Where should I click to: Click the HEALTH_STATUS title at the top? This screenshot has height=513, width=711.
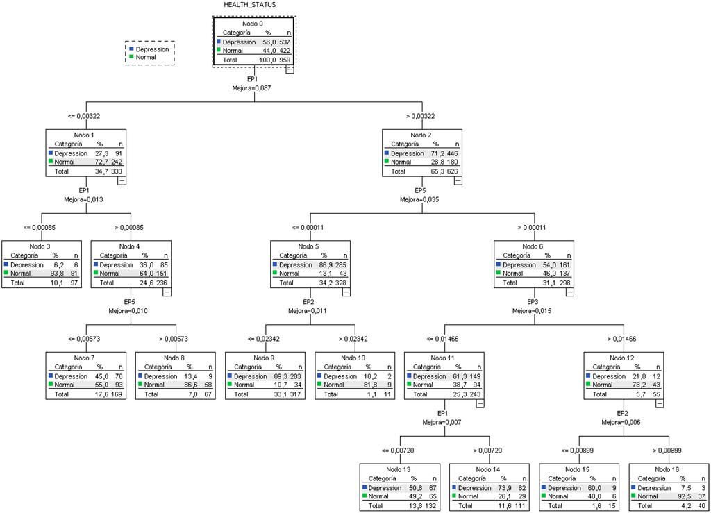click(x=249, y=5)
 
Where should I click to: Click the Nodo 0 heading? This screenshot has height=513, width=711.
click(x=253, y=24)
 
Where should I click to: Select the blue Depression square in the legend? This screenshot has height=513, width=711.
click(x=132, y=49)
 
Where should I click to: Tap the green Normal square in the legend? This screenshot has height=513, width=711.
click(x=132, y=57)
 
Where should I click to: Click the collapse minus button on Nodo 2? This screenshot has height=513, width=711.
click(x=458, y=180)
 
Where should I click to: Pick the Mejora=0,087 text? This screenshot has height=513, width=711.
click(x=253, y=88)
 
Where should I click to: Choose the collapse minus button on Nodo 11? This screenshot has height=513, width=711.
click(x=480, y=403)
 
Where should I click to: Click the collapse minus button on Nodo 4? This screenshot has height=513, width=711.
click(x=167, y=292)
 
